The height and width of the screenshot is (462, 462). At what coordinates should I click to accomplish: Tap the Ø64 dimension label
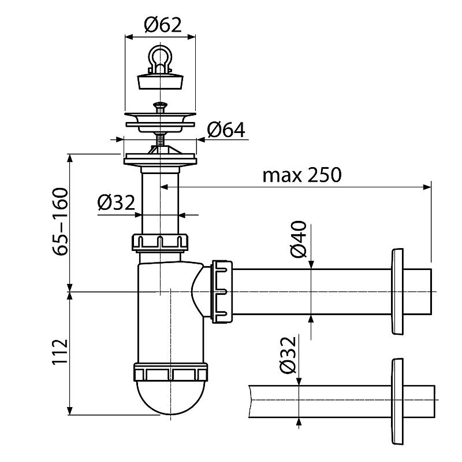point(225,130)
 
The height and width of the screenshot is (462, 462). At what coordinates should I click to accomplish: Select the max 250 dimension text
point(301,174)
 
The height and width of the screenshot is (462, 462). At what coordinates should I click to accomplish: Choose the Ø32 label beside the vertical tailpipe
point(116,202)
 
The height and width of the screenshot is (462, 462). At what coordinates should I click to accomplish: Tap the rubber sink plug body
point(160,80)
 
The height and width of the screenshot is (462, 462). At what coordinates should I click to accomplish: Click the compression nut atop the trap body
point(160,242)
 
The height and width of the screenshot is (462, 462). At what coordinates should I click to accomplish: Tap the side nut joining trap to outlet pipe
point(223,291)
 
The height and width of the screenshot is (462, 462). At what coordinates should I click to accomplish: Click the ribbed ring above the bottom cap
point(170,371)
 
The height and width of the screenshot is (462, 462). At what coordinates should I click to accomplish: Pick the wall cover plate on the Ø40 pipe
point(398,291)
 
